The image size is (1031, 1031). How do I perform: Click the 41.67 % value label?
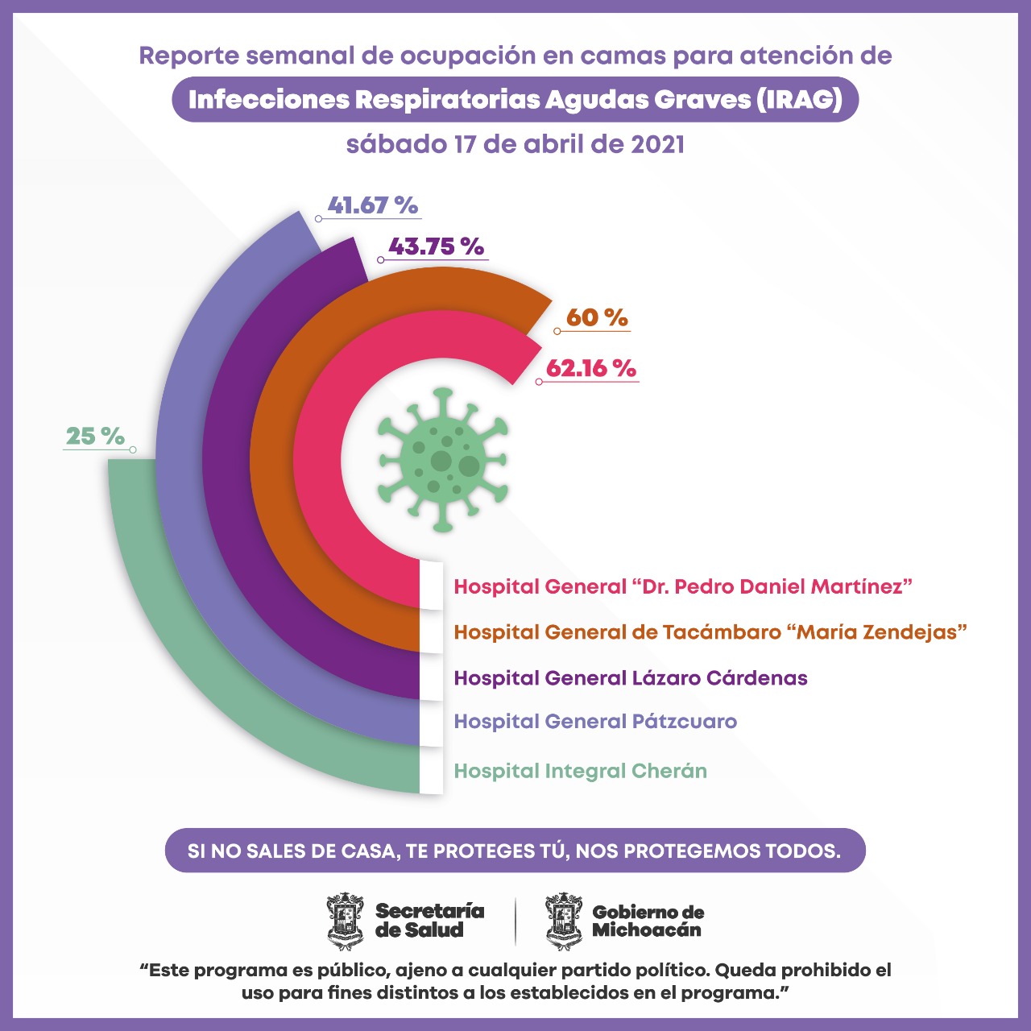coord(373,205)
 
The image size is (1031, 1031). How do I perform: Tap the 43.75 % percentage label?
coord(436,246)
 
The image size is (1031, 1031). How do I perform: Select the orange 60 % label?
coord(596,317)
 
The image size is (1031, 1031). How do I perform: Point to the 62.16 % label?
coord(591,368)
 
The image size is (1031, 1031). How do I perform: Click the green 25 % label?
coord(95,437)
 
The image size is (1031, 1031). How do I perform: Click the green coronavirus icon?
coord(442,461)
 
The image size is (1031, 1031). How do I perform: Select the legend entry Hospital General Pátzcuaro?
coord(595,721)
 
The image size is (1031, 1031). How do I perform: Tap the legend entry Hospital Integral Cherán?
coord(580,771)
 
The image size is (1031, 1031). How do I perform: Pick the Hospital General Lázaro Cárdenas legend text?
coord(631,677)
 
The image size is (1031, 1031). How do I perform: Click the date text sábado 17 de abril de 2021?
coord(515,144)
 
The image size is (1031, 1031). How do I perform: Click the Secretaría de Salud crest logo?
coord(346,921)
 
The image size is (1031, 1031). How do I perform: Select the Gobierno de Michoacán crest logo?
coord(564,921)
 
